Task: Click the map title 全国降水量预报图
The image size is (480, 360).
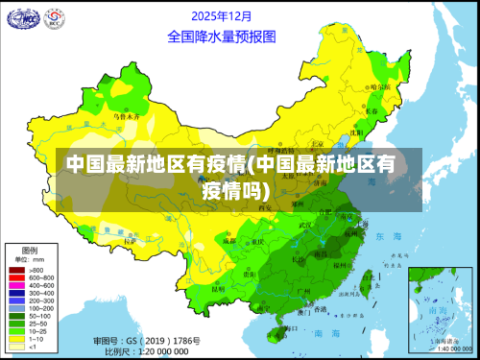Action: click(221, 36)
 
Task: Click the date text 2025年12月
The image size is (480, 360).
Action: click(222, 15)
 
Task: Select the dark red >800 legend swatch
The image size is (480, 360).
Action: click(16, 270)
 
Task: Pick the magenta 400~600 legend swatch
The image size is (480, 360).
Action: click(16, 285)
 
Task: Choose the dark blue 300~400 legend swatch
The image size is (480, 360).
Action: click(16, 293)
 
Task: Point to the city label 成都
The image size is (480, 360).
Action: click(229, 241)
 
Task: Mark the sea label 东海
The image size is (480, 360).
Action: click(388, 236)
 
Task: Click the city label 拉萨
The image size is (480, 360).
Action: click(130, 243)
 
